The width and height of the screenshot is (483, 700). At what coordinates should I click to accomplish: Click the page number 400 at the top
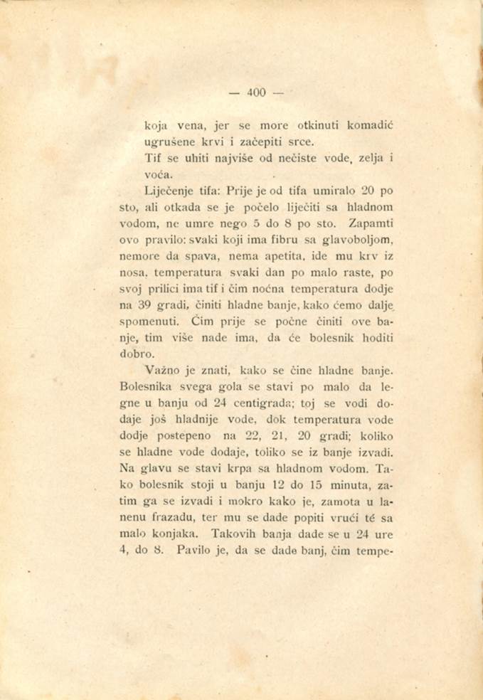(256, 92)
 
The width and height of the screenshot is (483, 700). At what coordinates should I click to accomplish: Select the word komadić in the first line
(370, 125)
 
